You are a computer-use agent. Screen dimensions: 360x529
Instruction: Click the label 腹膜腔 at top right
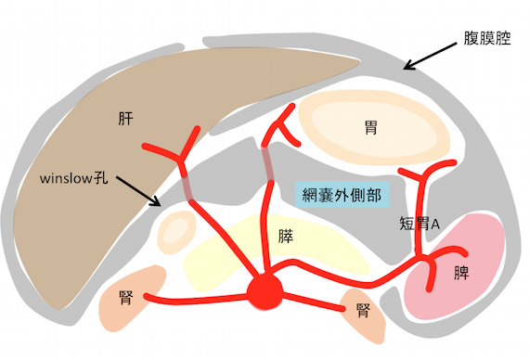[486, 40]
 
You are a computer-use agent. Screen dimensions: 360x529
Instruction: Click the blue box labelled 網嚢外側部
[342, 194]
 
